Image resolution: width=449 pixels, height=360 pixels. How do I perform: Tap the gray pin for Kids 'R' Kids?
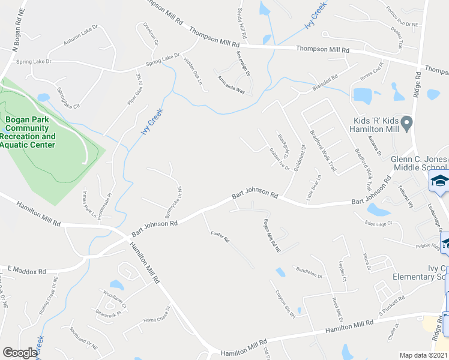click(406, 125)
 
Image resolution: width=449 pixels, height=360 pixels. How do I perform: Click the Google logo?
click(20, 353)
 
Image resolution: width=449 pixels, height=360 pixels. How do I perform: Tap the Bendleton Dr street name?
click(309, 272)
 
